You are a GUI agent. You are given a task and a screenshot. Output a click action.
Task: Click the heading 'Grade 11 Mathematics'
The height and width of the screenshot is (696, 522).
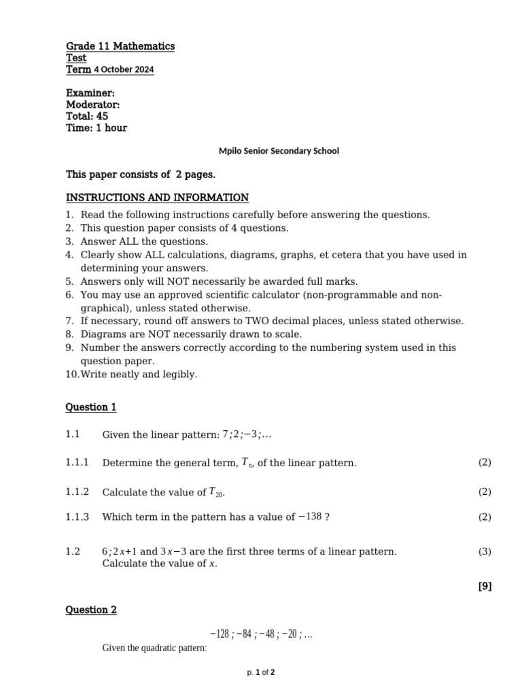pyautogui.click(x=120, y=46)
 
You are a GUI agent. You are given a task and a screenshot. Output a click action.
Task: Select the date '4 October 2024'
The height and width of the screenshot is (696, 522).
pyautogui.click(x=124, y=70)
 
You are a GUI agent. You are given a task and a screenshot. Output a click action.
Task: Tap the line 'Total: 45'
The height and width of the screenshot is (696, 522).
pyautogui.click(x=87, y=116)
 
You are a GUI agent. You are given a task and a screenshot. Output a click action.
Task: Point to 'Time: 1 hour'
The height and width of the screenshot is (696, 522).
pyautogui.click(x=96, y=128)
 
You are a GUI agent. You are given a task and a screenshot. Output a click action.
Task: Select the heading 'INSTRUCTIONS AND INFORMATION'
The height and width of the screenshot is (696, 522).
pyautogui.click(x=157, y=198)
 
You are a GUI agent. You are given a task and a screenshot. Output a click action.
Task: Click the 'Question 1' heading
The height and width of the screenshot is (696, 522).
pyautogui.click(x=90, y=407)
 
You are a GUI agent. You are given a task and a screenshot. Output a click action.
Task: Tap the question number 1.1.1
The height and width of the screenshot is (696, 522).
pyautogui.click(x=77, y=463)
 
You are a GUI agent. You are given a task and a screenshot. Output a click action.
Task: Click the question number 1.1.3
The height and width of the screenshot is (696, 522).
pyautogui.click(x=77, y=517)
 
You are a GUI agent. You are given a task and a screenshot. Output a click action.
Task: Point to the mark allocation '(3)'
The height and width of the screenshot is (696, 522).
pyautogui.click(x=484, y=552)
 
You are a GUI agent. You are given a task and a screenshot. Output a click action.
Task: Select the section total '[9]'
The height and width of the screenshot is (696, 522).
pyautogui.click(x=485, y=587)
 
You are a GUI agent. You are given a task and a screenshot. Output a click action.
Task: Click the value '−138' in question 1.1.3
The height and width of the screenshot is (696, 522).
pyautogui.click(x=309, y=517)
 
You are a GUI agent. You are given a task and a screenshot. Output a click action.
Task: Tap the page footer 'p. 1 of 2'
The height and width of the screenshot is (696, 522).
pyautogui.click(x=260, y=673)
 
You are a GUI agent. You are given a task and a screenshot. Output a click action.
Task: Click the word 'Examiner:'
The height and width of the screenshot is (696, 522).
pyautogui.click(x=90, y=93)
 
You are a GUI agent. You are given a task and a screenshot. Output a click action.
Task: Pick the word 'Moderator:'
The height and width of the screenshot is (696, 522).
pyautogui.click(x=92, y=105)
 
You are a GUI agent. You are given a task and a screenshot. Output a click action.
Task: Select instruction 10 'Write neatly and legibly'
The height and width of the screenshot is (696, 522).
pyautogui.click(x=139, y=375)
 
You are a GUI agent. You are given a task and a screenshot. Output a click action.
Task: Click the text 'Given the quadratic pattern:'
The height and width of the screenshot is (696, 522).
pyautogui.click(x=154, y=648)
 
